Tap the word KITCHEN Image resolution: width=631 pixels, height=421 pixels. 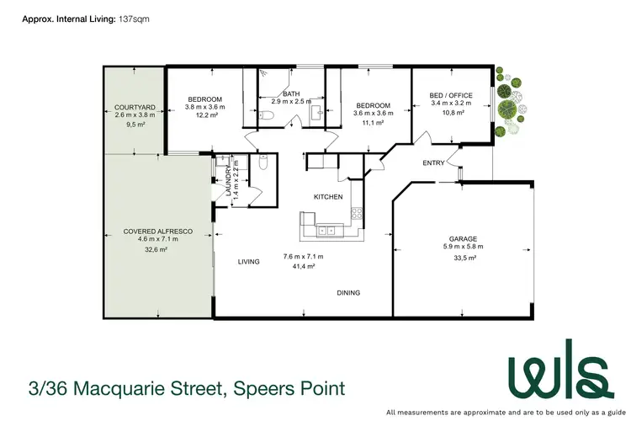pos(328,196)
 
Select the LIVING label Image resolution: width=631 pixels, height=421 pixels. pos(248,262)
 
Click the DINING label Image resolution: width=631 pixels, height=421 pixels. pos(348,293)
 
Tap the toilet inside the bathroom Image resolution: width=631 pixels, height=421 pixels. pos(265,115)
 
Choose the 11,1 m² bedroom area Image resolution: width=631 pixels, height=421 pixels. pos(373,123)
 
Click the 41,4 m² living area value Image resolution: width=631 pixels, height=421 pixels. pos(303,266)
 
